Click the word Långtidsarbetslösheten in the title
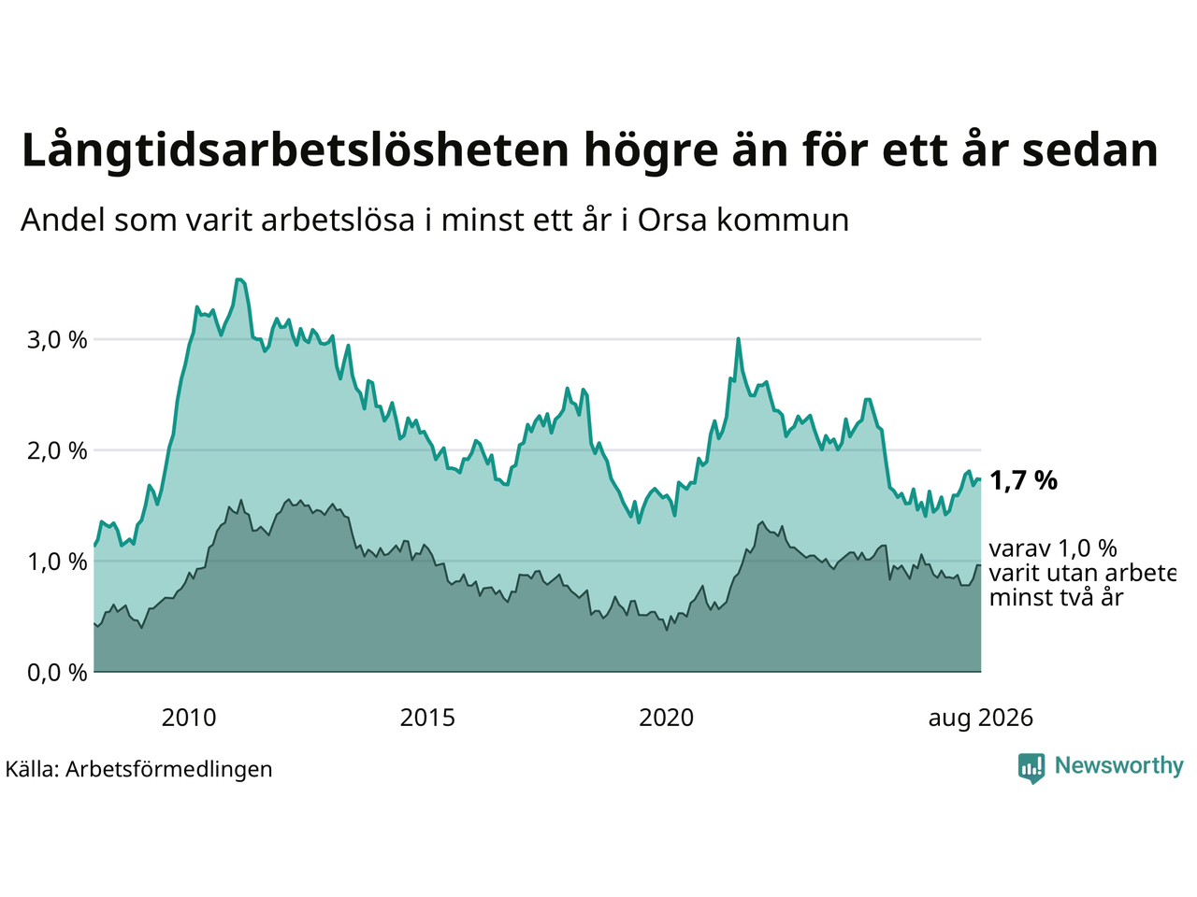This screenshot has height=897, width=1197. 296,150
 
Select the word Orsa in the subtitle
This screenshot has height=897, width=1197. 671,221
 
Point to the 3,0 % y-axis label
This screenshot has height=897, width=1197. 57,340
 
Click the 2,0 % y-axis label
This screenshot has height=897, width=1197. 57,451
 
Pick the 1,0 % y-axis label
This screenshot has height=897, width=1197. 57,562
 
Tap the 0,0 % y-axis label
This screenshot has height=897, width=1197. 57,673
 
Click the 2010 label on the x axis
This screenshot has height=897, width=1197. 189,719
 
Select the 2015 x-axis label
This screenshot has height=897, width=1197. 427,719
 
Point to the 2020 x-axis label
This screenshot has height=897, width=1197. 667,719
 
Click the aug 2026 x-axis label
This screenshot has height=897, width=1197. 980,719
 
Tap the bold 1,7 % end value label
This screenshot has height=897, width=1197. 1023,481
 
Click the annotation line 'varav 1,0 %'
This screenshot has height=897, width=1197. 1053,549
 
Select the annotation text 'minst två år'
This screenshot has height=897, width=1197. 1057,598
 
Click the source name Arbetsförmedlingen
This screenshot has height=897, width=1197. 168,770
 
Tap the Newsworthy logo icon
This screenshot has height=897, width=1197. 1031,768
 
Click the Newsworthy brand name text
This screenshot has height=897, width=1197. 1119,766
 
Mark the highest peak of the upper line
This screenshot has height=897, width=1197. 238,279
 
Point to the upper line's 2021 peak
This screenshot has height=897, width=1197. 738,339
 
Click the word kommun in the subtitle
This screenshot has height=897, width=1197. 783,221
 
